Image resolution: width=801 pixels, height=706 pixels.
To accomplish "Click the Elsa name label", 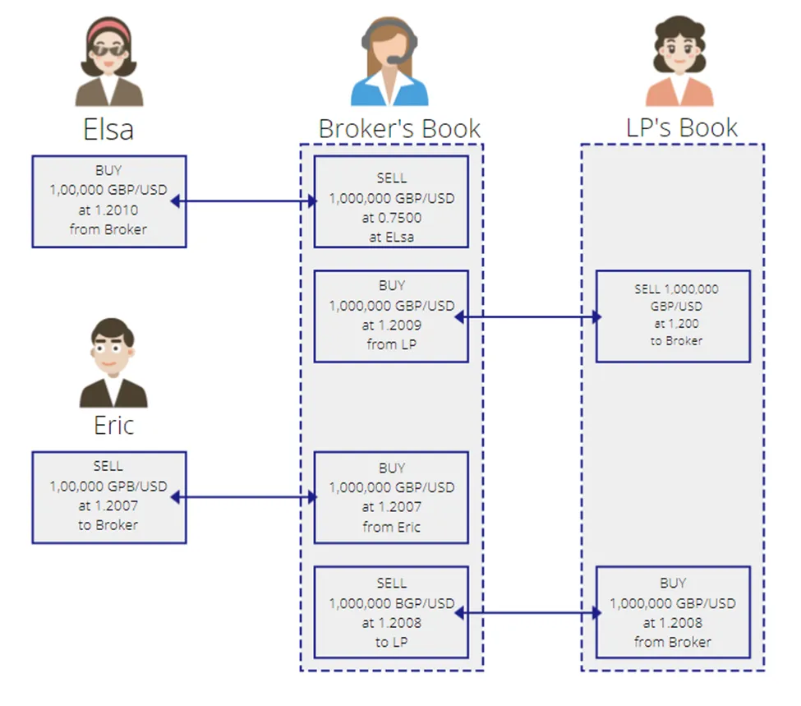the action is (x=108, y=129).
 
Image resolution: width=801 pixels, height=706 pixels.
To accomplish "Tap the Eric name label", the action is (x=113, y=426).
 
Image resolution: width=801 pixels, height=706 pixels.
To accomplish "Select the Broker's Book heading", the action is (x=399, y=128).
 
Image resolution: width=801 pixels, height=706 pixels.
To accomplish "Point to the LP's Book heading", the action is (x=682, y=127).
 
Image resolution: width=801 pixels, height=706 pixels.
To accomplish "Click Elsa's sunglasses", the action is (x=108, y=50).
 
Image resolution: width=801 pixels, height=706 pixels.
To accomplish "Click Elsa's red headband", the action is (x=108, y=29).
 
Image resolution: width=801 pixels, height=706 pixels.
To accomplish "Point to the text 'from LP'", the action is (x=392, y=344).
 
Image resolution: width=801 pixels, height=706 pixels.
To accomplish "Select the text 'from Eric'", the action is (x=392, y=527).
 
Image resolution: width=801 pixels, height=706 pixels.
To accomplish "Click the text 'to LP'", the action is (x=392, y=642).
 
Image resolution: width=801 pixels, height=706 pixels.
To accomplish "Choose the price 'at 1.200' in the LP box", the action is (x=676, y=324).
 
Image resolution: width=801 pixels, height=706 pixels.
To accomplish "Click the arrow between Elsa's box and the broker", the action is (x=244, y=201).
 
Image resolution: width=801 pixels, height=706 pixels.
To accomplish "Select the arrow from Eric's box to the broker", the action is (x=244, y=497).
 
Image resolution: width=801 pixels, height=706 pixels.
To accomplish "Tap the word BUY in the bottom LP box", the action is (x=673, y=584).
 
